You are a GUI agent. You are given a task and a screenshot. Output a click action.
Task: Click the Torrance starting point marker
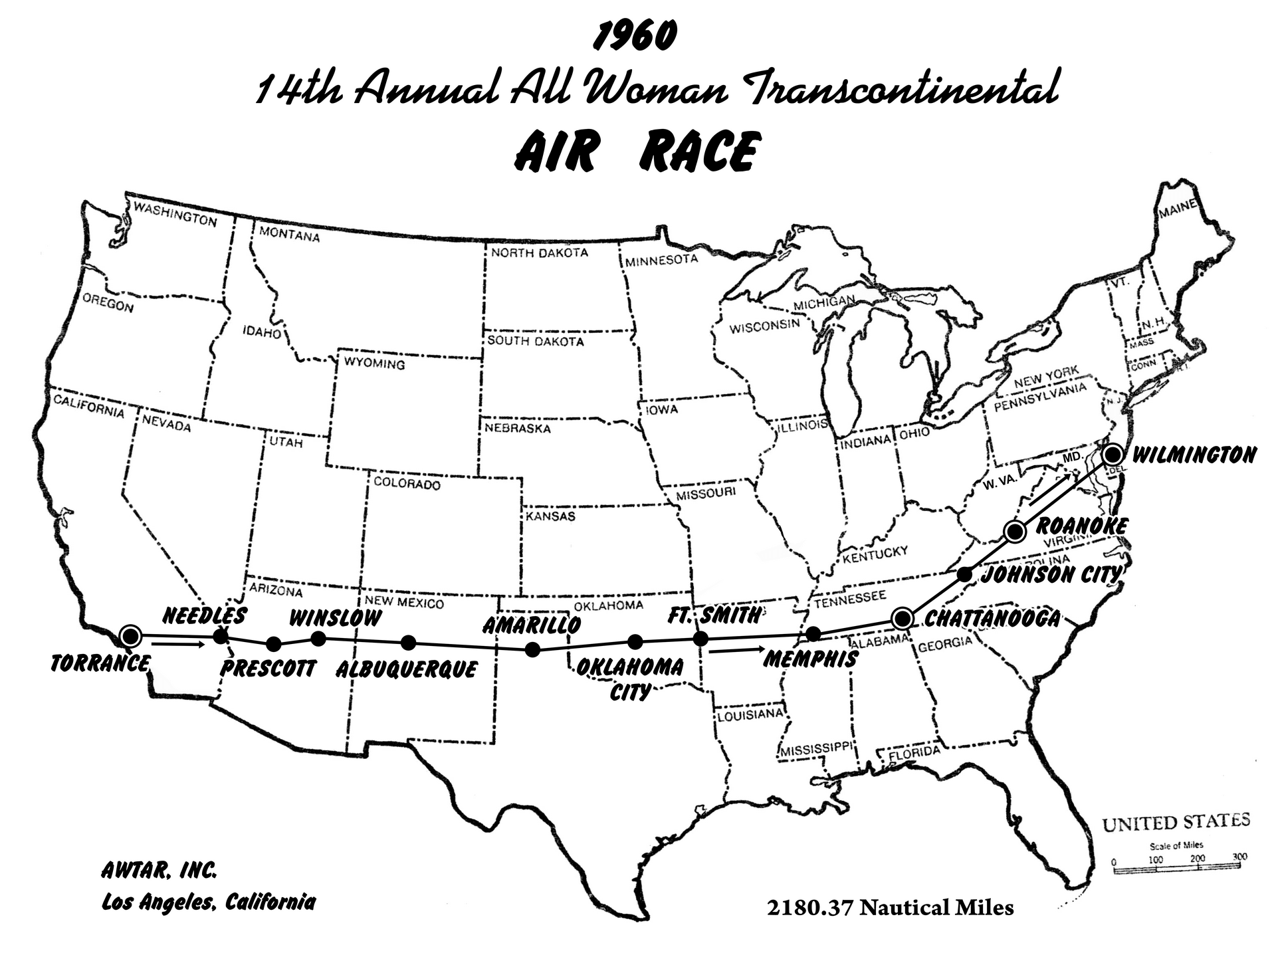[x=131, y=636]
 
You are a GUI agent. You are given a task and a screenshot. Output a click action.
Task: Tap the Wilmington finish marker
[x=1113, y=455]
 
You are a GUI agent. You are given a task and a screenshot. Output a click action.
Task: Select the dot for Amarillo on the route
[x=532, y=650]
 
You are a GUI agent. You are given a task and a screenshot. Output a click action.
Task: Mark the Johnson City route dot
[x=966, y=574]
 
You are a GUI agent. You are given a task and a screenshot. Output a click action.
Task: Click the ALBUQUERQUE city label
[x=406, y=669]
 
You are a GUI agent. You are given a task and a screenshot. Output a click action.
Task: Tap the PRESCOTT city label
[x=268, y=668]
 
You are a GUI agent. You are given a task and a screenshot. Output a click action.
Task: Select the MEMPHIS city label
[x=811, y=659]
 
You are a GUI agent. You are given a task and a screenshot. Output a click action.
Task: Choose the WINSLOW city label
[x=336, y=618]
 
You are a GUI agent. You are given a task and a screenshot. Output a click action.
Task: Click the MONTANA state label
[x=289, y=234]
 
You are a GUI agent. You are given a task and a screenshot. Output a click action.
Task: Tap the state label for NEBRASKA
[x=517, y=428]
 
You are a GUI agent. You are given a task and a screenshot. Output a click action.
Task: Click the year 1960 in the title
[x=635, y=37]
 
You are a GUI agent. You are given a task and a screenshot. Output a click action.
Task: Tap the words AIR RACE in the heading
[x=636, y=152]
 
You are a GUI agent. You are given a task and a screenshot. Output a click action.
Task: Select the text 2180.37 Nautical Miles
[x=890, y=908]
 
